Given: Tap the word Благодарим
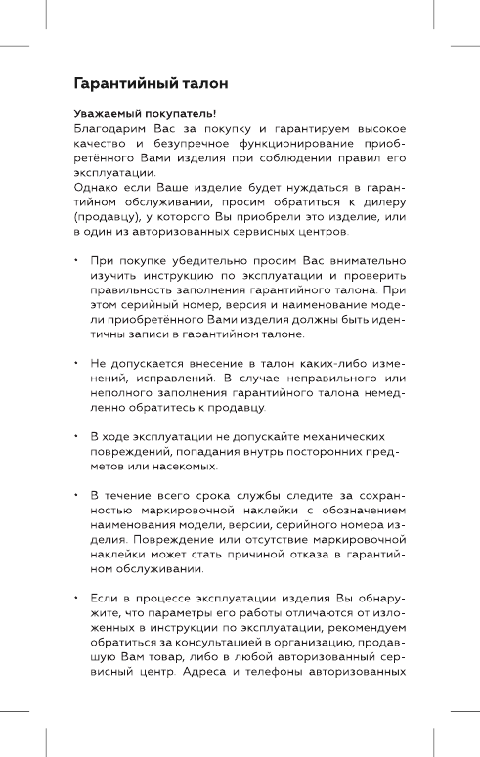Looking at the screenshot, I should [x=110, y=128].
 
